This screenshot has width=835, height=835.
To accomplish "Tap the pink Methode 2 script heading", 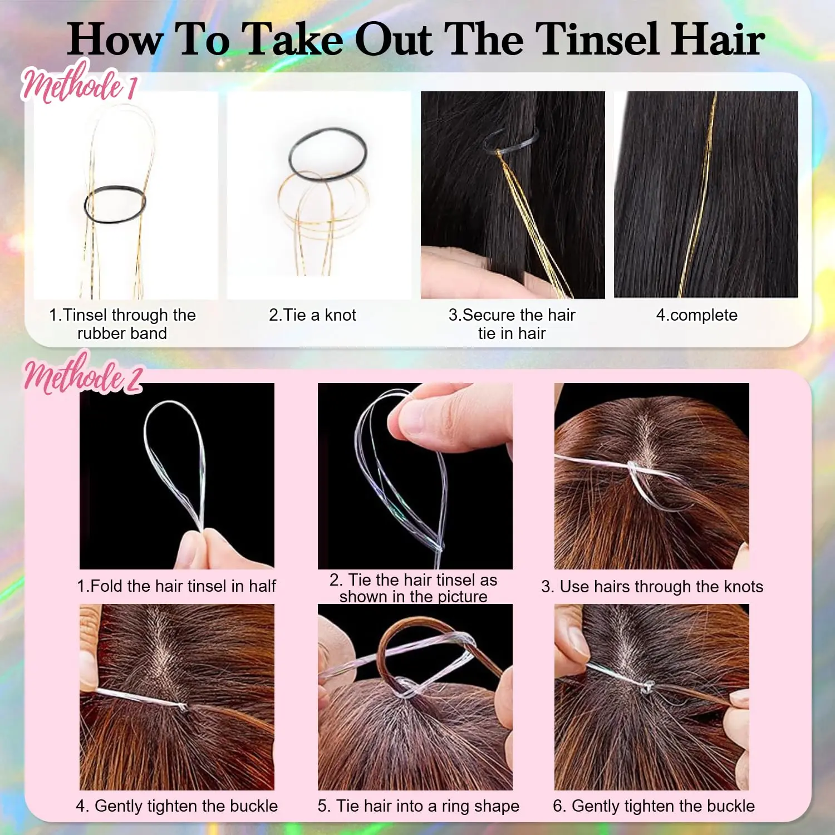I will point(82,376).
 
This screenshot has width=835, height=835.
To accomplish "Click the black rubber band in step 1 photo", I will point(115,204).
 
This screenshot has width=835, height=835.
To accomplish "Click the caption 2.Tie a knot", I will point(312,315).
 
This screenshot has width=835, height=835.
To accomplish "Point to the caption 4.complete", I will point(696,315).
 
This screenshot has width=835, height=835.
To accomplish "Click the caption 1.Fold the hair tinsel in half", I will point(176,586).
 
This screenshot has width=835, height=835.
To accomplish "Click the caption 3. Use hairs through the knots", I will point(652,586).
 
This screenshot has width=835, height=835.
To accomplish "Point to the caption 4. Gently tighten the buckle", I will point(176,805).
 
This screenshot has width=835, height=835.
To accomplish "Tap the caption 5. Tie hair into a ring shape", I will point(418,805).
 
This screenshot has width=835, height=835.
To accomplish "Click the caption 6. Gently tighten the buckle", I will point(654,805).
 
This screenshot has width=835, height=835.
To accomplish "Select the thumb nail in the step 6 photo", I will point(579,640).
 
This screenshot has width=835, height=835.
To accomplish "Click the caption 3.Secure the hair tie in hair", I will point(512,324).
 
